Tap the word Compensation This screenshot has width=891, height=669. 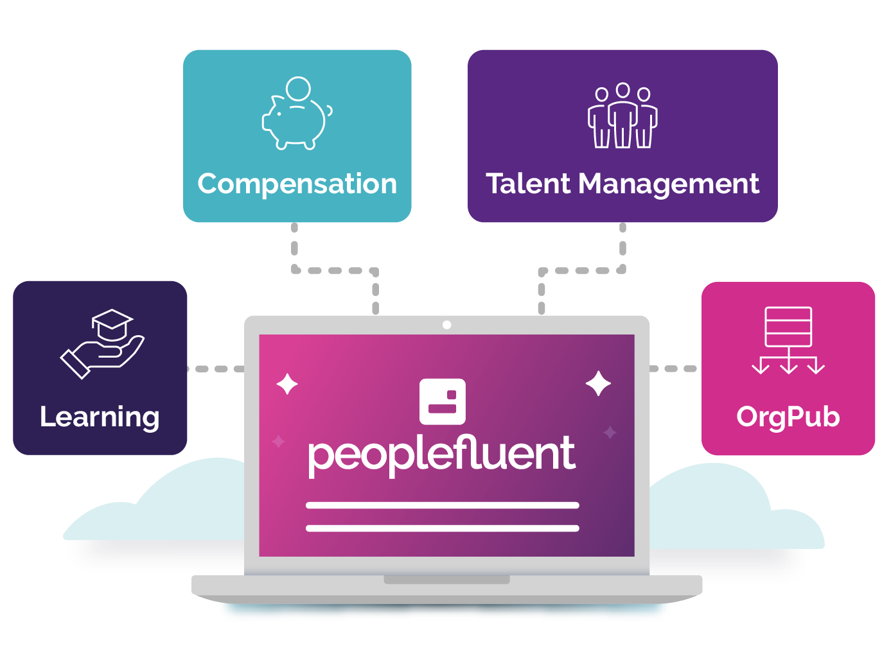(297, 184)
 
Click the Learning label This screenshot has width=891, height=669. (100, 417)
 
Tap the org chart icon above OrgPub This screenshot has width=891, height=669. (788, 340)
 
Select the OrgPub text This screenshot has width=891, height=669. (788, 417)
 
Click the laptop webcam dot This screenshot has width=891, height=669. (447, 325)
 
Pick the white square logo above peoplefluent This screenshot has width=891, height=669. (443, 402)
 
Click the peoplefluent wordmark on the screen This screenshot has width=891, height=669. (442, 455)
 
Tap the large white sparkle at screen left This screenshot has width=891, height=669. (287, 385)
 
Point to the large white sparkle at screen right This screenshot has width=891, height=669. (599, 383)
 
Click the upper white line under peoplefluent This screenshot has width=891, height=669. (443, 505)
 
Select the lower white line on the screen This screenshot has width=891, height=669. (443, 528)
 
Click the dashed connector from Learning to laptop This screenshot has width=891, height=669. (216, 369)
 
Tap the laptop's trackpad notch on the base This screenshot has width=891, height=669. (446, 580)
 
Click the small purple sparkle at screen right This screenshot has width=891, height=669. (610, 433)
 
